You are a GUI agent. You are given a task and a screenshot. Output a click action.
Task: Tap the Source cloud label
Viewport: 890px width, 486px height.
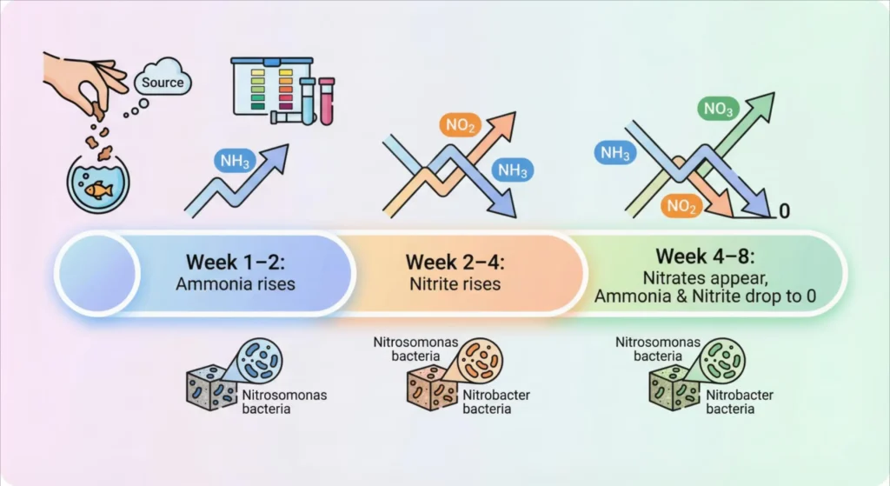click(163, 83)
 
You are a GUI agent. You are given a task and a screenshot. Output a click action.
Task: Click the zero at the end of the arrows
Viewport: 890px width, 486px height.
click(784, 211)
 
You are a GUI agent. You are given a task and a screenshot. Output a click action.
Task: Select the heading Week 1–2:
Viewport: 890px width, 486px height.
click(236, 261)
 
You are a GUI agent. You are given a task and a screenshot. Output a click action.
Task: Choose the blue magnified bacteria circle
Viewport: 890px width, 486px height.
click(259, 360)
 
